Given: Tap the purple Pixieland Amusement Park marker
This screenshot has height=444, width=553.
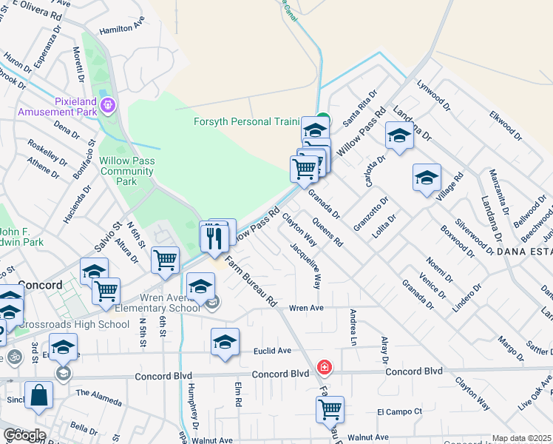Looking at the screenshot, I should tap(108, 105).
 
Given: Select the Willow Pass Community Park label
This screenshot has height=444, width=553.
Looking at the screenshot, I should tap(127, 171).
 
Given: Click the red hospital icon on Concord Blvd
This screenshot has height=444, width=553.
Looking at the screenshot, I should tap(323, 366).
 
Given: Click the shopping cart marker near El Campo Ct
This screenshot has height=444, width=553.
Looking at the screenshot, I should tap(330, 408).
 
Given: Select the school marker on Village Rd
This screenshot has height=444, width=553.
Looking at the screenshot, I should tap(427, 178).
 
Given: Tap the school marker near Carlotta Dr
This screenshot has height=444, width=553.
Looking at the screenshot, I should tap(399, 136).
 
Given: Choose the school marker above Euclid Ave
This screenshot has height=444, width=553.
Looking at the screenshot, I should tap(225, 343).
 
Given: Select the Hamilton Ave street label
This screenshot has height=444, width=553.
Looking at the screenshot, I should tap(121, 27).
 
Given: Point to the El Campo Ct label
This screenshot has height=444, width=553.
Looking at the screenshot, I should tap(399, 411).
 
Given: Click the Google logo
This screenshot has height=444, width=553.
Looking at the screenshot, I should tap(24, 435).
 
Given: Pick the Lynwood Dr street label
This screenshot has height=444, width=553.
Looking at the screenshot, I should tap(434, 96).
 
